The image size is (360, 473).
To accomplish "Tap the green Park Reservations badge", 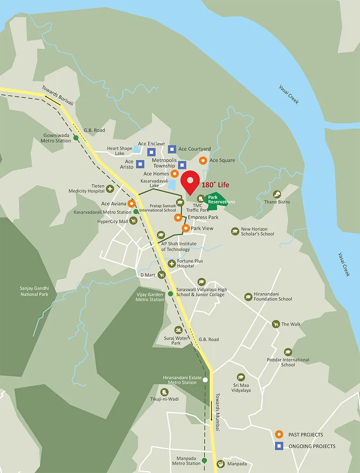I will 217,200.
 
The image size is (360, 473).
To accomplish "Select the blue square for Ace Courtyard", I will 172,149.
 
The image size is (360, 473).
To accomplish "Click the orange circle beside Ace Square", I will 203,160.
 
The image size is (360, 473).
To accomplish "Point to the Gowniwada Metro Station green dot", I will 76,138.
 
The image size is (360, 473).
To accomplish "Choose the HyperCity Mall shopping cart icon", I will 134,221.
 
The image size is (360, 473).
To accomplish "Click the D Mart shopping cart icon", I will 161,275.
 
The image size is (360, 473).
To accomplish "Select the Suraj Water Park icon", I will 179,330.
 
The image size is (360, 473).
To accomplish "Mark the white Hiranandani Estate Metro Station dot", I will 205,380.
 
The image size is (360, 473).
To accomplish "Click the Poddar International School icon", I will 288,352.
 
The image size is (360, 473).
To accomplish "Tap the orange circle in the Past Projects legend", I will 279,434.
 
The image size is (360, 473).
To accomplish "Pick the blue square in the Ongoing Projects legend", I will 279,446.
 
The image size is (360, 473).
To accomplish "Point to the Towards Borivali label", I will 58,96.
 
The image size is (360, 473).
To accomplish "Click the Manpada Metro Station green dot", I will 204,460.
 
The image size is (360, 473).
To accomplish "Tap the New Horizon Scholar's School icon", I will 234,231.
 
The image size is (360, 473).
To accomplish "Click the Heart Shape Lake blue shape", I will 136,149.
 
